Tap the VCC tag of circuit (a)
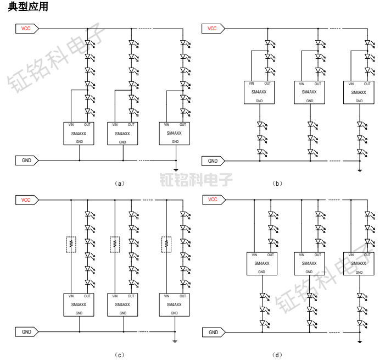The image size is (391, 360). (26, 29)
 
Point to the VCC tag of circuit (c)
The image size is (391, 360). (26, 200)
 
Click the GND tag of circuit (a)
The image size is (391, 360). (26, 160)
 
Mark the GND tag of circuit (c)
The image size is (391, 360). (26, 332)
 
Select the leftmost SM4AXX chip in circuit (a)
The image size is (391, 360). (79, 134)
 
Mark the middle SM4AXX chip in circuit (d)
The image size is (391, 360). (309, 263)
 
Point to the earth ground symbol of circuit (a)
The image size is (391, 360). (176, 169)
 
